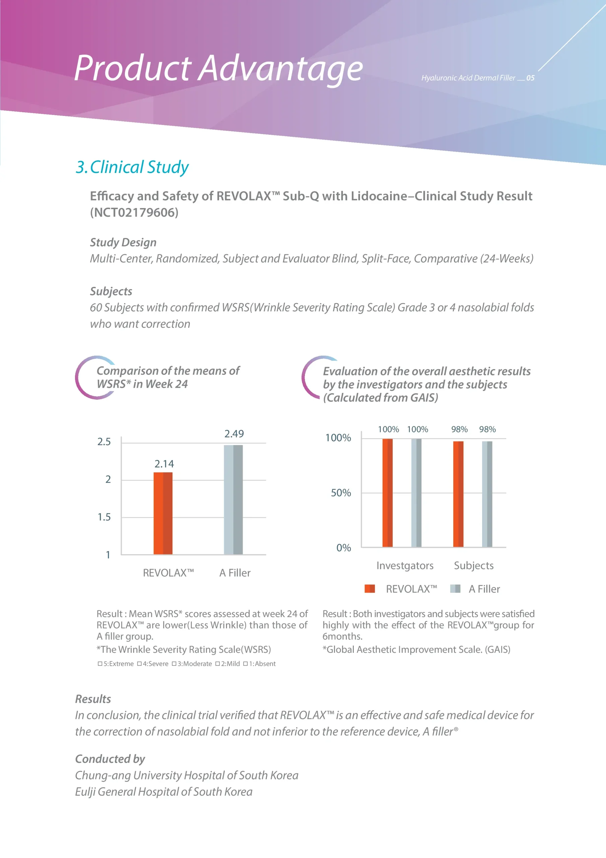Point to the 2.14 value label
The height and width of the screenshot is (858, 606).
[164, 464]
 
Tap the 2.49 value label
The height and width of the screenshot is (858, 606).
[234, 433]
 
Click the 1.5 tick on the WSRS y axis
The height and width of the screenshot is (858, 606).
[104, 517]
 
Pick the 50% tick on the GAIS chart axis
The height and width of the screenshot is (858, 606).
[340, 493]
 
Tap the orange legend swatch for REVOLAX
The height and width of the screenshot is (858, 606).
[369, 589]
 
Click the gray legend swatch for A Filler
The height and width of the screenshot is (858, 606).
[455, 589]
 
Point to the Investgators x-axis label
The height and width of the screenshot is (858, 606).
[405, 565]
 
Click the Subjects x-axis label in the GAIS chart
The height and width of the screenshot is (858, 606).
[473, 565]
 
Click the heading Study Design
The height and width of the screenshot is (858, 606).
[123, 242]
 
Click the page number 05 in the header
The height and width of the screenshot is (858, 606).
[530, 78]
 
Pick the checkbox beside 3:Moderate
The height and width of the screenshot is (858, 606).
[174, 664]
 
